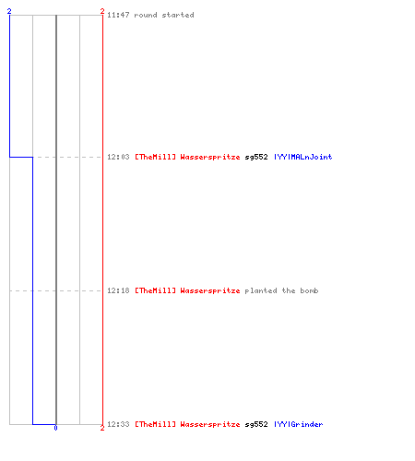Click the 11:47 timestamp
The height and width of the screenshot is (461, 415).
pos(118,15)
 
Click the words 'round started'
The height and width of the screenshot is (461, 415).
pos(164,15)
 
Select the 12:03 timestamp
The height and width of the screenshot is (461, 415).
pos(118,157)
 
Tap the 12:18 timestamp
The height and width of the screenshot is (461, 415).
pos(118,290)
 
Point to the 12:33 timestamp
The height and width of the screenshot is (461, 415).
pos(118,424)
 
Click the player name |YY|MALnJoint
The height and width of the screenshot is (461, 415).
pos(303,157)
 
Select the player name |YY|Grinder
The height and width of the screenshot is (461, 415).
pos(299,424)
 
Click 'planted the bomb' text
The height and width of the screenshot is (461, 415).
pos(281,290)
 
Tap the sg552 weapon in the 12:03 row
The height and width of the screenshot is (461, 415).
pos(256,157)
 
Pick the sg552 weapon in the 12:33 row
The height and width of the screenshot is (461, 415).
pos(256,424)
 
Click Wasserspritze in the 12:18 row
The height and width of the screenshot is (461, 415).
pos(210,290)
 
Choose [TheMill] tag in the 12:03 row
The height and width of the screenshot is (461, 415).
pos(156,157)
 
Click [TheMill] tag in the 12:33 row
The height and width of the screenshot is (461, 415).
pos(156,424)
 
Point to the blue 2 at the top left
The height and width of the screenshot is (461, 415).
pos(9,11)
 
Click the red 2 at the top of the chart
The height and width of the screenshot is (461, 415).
pos(102,11)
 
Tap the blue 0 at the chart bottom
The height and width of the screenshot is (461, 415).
pos(55,428)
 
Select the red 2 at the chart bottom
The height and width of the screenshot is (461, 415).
pos(102,428)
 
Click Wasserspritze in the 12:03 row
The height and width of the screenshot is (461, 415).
pos(210,157)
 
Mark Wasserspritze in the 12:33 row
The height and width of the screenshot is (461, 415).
pos(210,424)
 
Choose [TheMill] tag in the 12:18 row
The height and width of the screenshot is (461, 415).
pos(156,290)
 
